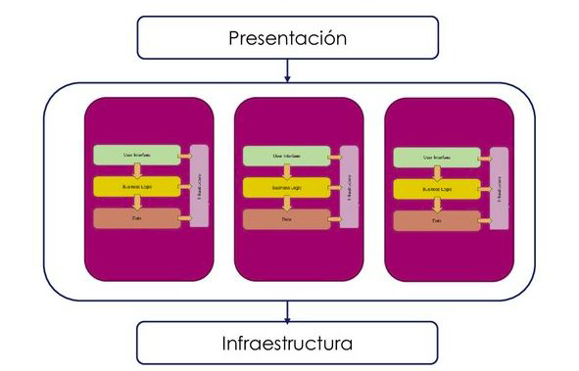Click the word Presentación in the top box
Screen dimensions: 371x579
(288, 38)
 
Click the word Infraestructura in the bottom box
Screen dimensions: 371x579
(288, 344)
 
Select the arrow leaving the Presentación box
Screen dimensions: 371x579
(288, 70)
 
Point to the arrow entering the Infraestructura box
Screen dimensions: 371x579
(288, 311)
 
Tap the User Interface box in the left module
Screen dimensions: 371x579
(136, 155)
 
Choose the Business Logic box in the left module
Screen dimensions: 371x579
(136, 186)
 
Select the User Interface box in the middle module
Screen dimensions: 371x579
(285, 155)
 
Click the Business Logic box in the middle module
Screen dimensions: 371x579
(285, 186)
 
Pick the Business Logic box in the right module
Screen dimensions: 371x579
(436, 188)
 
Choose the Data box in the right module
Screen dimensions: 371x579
(436, 219)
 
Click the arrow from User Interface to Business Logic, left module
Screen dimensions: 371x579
(137, 170)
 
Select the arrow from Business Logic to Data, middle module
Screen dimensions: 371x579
(286, 203)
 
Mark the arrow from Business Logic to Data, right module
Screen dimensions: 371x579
(437, 205)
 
